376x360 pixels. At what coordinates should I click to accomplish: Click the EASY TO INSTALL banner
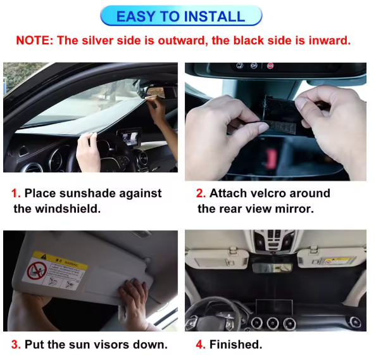(x=181, y=16)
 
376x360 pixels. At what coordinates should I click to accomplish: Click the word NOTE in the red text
(x=33, y=41)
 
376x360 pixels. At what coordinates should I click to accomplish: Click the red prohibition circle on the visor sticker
(x=37, y=270)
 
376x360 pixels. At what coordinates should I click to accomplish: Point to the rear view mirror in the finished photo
(x=272, y=267)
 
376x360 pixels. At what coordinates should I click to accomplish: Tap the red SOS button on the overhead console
(x=270, y=66)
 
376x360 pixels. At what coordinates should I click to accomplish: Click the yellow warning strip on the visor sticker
(x=60, y=260)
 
